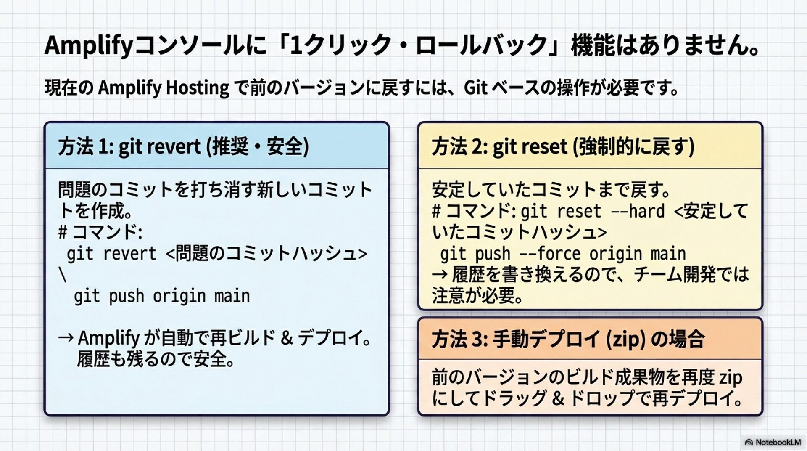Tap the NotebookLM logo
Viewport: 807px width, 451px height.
(773, 442)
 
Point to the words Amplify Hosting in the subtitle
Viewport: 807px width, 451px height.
(164, 88)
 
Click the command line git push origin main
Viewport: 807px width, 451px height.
(162, 296)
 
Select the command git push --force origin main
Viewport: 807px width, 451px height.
(563, 254)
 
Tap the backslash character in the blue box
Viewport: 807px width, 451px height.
(63, 276)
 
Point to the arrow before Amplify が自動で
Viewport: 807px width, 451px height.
(66, 338)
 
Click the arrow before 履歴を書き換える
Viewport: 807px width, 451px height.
(440, 275)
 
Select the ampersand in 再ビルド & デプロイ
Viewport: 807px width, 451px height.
(287, 338)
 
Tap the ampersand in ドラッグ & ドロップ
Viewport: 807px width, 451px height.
(558, 398)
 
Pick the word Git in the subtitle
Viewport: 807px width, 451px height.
(475, 88)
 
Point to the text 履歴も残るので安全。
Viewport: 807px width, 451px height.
(156, 359)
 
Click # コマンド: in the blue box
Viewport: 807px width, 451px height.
(100, 232)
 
